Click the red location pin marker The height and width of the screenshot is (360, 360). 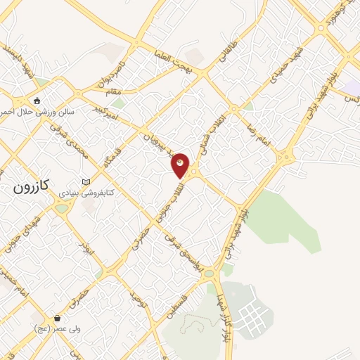coord(181,165)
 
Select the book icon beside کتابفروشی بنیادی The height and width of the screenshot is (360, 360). coord(86,181)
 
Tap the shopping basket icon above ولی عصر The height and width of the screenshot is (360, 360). coord(58,318)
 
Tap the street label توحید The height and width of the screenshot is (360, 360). coord(139,300)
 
